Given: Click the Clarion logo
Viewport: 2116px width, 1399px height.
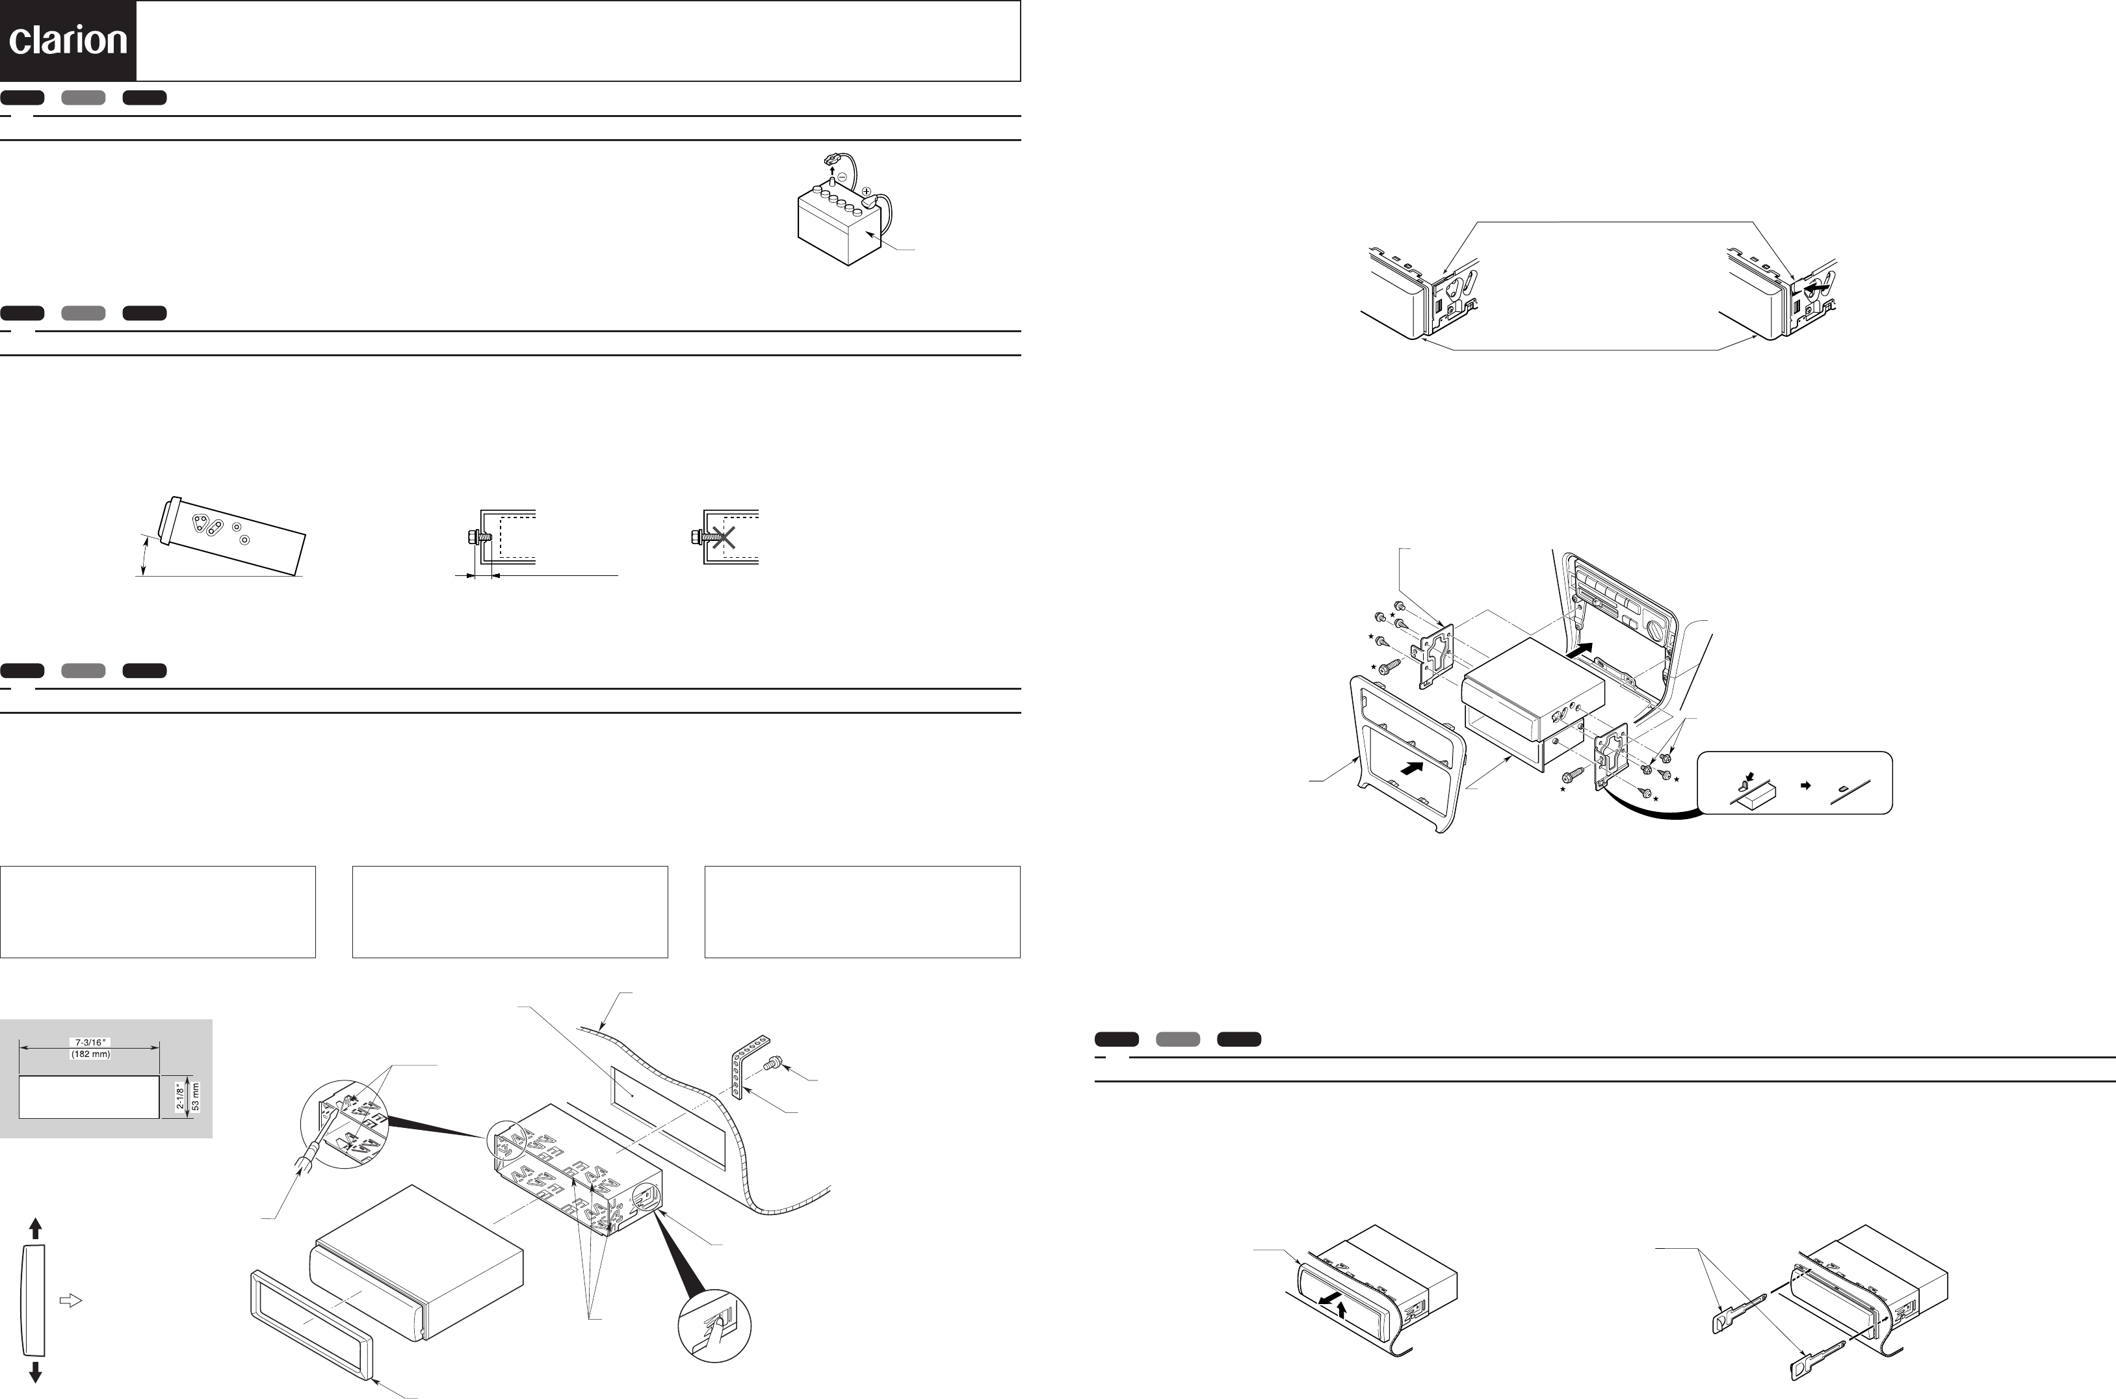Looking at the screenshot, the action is click(68, 41).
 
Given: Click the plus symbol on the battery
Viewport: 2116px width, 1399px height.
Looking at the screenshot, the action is click(866, 191).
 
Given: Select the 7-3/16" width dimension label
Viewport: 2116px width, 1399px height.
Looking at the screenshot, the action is click(90, 1042).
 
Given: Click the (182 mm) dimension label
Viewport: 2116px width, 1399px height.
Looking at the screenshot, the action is click(90, 1054).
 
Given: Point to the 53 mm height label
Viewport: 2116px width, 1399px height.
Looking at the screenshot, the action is click(196, 1097).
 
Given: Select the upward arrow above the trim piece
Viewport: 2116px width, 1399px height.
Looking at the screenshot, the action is click(36, 1229).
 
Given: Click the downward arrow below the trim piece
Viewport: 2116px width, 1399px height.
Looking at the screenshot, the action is click(36, 1371).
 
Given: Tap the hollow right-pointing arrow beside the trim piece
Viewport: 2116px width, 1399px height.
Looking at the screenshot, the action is click(70, 1301).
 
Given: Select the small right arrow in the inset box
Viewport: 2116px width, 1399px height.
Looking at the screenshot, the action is click(1805, 785).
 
